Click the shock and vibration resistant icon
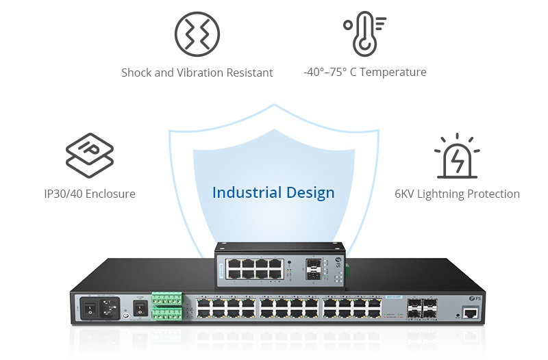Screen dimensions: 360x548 click(197, 34)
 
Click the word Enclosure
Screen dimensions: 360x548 click(112, 194)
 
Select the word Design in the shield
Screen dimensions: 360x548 click(311, 192)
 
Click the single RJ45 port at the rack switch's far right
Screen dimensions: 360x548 click(471, 313)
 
